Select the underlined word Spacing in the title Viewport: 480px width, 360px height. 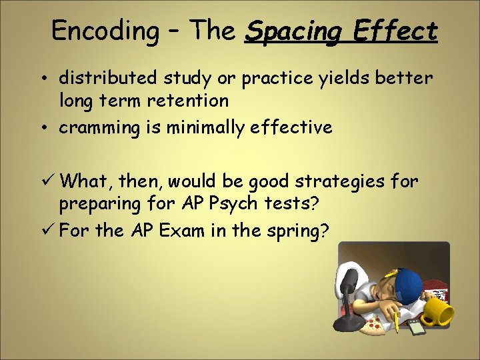tap(294, 31)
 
